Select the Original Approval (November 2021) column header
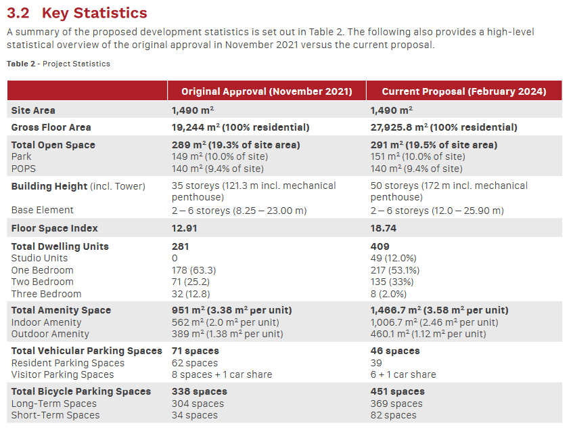coord(267,91)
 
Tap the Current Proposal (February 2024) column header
coord(463,91)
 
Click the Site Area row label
coord(33,110)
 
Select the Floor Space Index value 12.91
coord(185,228)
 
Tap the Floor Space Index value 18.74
coord(383,228)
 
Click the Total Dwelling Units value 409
coord(380,246)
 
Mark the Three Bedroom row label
coord(46,294)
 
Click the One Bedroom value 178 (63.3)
coord(198,270)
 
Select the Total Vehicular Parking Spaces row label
coord(87,351)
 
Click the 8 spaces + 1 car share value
coord(222,374)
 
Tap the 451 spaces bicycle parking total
coord(397,391)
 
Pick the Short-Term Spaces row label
coord(55,415)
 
